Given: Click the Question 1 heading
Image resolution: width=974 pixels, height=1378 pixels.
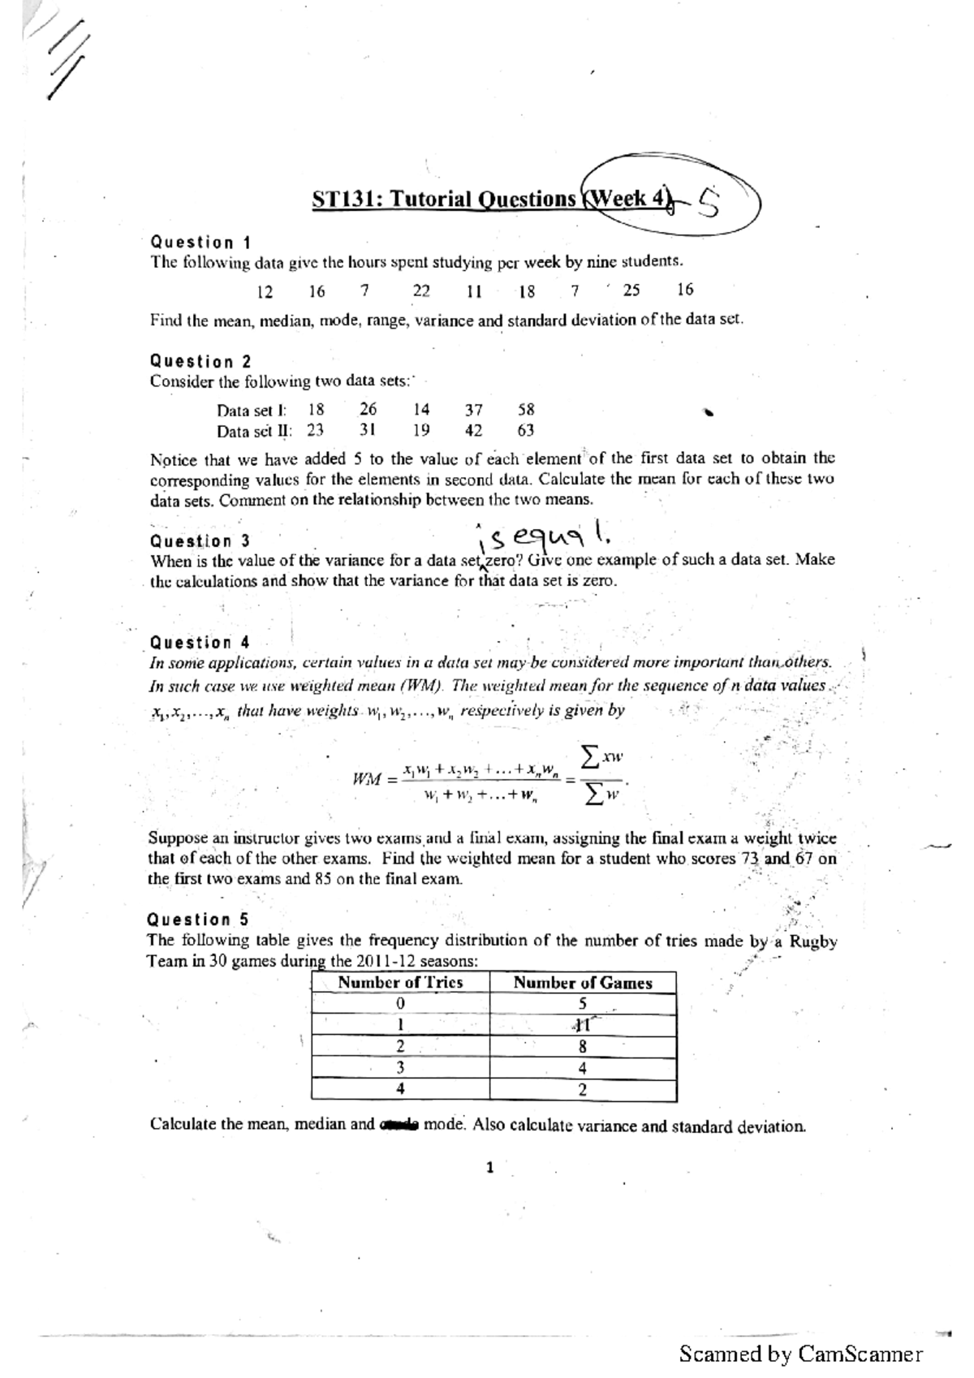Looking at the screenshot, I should (200, 242).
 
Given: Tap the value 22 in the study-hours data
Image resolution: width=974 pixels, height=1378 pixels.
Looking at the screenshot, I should (421, 291).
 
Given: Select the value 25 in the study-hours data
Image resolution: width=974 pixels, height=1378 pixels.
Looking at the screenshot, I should (631, 290).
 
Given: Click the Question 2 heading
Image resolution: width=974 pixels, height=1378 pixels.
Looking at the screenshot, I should (200, 361).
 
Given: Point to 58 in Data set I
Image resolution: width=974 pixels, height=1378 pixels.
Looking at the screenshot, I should (526, 410).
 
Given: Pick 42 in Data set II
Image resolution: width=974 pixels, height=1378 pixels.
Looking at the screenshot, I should (473, 431).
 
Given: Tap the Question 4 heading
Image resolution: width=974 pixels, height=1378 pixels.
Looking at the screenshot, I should (200, 643).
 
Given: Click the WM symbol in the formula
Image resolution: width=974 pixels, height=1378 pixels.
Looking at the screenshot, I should (368, 779).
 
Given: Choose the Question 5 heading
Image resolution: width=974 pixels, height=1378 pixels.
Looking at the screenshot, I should (198, 919).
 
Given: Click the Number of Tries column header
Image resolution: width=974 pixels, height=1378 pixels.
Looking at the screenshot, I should (400, 983).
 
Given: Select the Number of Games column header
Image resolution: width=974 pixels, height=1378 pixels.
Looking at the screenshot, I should (583, 983).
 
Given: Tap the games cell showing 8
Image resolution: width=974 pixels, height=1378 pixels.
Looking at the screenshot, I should (582, 1047).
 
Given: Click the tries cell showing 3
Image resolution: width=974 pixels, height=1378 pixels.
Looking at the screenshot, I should (400, 1068).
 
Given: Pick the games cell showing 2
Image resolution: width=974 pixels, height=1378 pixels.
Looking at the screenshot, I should (582, 1090).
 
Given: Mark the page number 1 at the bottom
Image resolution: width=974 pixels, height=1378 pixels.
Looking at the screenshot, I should (489, 1168).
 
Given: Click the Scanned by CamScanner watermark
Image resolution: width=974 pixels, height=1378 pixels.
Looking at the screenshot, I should (800, 1354).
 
